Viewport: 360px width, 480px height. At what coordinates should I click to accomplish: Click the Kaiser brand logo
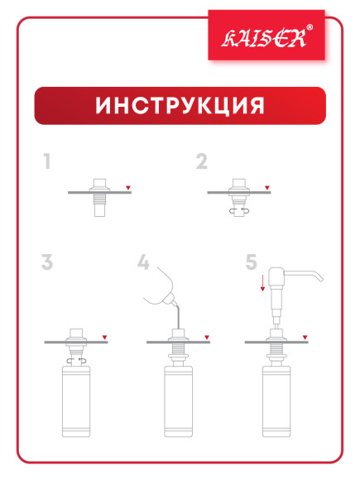(x=264, y=36)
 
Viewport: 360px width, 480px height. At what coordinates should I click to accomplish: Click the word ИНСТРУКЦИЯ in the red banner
(x=180, y=106)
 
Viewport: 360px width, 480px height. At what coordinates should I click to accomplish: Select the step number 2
(x=201, y=161)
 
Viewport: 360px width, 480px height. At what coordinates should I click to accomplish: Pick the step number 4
(x=144, y=263)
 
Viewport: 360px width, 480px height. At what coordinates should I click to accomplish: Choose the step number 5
(x=251, y=263)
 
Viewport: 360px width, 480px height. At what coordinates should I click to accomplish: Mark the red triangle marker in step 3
(x=103, y=336)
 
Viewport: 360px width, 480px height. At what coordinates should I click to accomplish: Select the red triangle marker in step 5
(x=305, y=336)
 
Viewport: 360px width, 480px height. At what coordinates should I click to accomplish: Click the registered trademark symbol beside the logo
(x=310, y=28)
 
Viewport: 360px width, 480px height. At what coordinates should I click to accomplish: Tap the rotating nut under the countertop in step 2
(x=240, y=209)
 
